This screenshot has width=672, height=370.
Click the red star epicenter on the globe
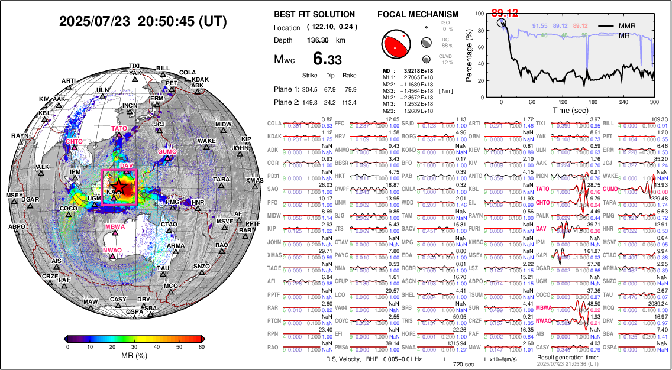(x=119, y=186)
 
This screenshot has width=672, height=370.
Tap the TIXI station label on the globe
(x=135, y=66)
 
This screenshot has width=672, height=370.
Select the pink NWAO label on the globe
(x=112, y=251)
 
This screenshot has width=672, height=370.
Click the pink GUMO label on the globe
(x=168, y=152)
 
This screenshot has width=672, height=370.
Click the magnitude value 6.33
(x=327, y=59)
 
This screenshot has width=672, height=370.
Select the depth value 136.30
(x=321, y=40)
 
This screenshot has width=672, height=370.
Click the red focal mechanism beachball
(x=395, y=43)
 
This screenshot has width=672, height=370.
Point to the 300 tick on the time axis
(x=654, y=102)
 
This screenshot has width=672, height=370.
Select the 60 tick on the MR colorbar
(x=202, y=348)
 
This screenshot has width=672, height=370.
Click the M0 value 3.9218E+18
(x=413, y=70)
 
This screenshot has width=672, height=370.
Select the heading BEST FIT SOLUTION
(x=315, y=14)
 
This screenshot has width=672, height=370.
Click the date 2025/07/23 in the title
(x=95, y=22)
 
